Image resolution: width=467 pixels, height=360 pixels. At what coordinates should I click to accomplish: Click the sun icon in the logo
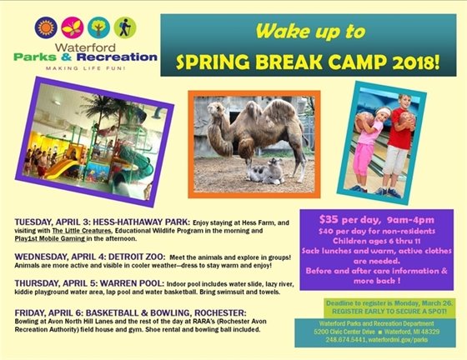tap(44, 27)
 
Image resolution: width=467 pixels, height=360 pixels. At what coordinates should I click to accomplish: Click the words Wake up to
tap(309, 32)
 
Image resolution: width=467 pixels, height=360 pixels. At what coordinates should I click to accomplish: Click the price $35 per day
tap(340, 219)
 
